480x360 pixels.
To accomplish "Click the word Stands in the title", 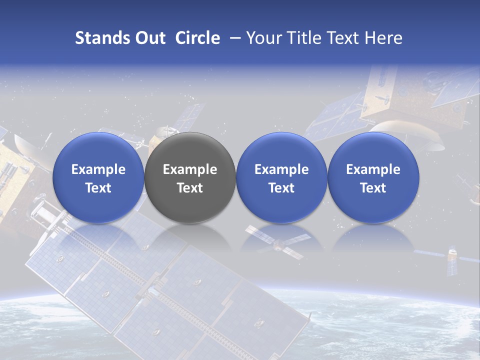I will [x=99, y=38].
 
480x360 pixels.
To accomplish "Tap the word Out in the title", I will [x=149, y=38].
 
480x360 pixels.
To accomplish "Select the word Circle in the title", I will [x=197, y=38].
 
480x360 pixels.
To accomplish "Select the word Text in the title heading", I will [x=345, y=38].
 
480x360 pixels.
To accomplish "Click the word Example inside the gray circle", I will [x=190, y=169].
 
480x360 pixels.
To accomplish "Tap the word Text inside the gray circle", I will [x=190, y=188].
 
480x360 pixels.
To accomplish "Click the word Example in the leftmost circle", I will [x=98, y=169].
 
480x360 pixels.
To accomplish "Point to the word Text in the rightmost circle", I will [x=373, y=188].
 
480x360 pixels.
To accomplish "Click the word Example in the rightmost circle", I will [x=373, y=169].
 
